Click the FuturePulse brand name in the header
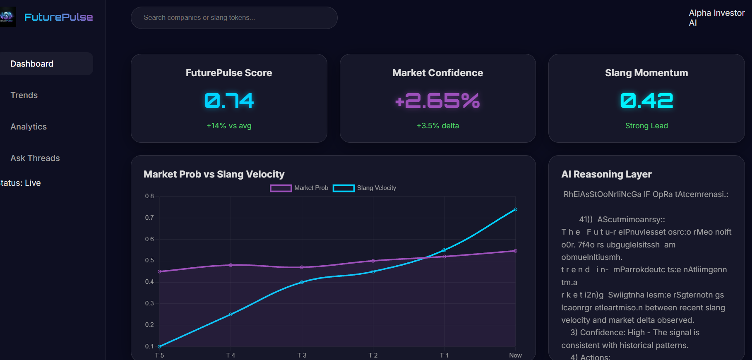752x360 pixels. pyautogui.click(x=58, y=17)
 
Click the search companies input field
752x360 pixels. pyautogui.click(x=234, y=18)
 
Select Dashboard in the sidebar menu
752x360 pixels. pyautogui.click(x=32, y=64)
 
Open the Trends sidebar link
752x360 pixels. pyautogui.click(x=24, y=95)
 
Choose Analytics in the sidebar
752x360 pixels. pyautogui.click(x=29, y=127)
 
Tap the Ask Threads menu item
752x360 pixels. pyautogui.click(x=35, y=158)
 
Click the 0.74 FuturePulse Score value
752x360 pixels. pyautogui.click(x=229, y=101)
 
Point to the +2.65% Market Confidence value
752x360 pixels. pyautogui.click(x=437, y=101)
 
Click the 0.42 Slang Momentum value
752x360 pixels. pyautogui.click(x=646, y=101)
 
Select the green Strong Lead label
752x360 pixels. pyautogui.click(x=646, y=126)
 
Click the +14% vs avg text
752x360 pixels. pyautogui.click(x=229, y=126)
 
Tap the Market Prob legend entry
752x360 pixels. pyautogui.click(x=299, y=188)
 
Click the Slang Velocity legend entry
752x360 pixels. pyautogui.click(x=365, y=188)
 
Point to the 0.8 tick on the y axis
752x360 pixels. pyautogui.click(x=149, y=196)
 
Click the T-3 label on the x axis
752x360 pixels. pyautogui.click(x=302, y=355)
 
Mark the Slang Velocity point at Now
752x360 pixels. pyautogui.click(x=515, y=209)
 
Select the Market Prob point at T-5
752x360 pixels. pyautogui.click(x=160, y=271)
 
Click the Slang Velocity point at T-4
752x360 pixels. pyautogui.click(x=231, y=314)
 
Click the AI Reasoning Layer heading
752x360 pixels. pyautogui.click(x=606, y=174)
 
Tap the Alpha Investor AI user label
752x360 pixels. pyautogui.click(x=716, y=18)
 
